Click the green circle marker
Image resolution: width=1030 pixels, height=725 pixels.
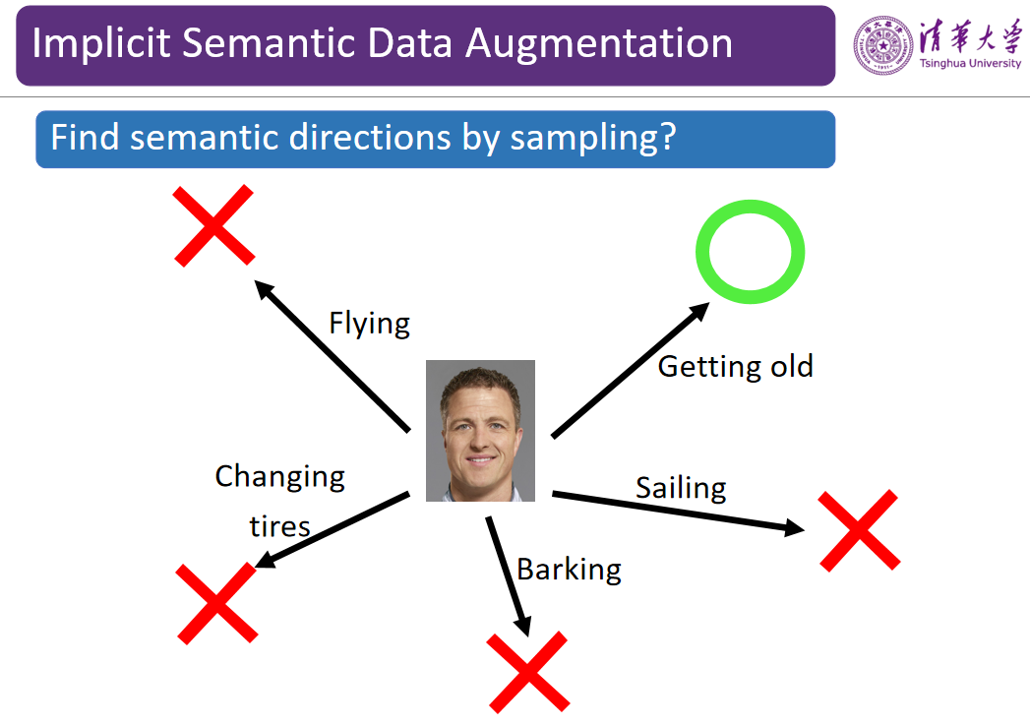coord(751,206)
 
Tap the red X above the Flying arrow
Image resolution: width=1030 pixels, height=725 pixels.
coord(213,225)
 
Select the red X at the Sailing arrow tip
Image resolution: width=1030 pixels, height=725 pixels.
coord(859,530)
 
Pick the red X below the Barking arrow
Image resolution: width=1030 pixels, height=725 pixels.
coord(527,672)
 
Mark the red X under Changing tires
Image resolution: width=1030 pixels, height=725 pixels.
coord(216,603)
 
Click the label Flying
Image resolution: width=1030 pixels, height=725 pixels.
coord(369,323)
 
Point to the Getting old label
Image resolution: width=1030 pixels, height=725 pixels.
coord(735,367)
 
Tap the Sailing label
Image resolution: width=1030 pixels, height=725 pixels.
coord(681,488)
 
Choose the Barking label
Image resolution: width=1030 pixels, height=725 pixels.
coord(569,570)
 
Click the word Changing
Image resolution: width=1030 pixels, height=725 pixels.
coord(279,477)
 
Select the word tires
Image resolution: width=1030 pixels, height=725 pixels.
coord(279,526)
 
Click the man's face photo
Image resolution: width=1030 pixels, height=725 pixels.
coord(480,431)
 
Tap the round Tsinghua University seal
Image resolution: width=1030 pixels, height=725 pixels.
coord(882,45)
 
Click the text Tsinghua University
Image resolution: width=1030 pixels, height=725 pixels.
coord(970,63)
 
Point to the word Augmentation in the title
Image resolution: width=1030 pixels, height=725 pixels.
coord(598,44)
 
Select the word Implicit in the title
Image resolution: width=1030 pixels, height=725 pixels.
coord(101,44)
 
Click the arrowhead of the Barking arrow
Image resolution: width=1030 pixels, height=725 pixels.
coord(523,627)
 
